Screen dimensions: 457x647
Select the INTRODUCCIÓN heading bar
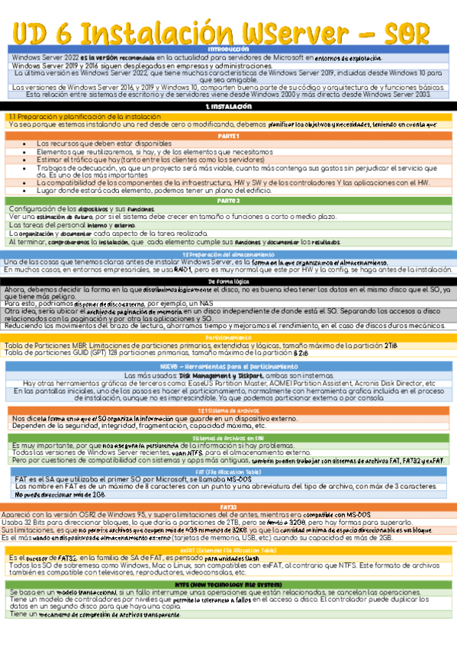(x=228, y=50)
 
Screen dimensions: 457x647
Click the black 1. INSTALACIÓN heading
(x=228, y=107)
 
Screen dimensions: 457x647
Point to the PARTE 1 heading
(x=228, y=136)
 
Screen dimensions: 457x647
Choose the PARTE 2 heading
(x=228, y=201)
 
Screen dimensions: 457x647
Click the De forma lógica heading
(x=228, y=282)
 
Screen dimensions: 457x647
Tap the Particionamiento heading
(x=228, y=336)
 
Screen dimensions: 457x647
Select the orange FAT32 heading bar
(x=228, y=485)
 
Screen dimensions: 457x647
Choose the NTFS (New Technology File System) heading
(x=228, y=585)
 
